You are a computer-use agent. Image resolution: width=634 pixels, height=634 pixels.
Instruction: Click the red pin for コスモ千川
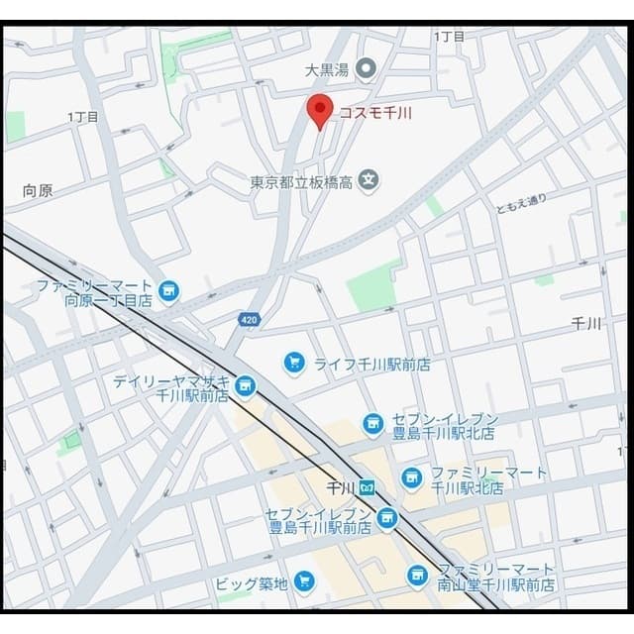tap(319, 111)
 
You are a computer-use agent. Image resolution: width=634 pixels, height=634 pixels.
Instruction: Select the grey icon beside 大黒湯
tap(366, 68)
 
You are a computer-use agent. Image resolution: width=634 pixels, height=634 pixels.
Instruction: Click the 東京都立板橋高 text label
tap(300, 182)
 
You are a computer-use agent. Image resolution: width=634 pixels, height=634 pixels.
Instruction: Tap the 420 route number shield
tap(250, 319)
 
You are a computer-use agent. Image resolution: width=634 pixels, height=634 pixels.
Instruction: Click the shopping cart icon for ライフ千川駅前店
tap(293, 363)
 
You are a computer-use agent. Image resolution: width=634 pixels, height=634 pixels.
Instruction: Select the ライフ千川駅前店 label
tap(371, 364)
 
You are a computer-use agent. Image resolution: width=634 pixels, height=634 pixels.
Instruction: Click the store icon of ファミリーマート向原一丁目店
tap(169, 290)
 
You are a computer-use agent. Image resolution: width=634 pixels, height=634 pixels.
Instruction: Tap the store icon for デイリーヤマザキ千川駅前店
tap(245, 385)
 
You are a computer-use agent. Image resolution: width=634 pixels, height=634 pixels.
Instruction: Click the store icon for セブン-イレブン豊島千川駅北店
tap(372, 424)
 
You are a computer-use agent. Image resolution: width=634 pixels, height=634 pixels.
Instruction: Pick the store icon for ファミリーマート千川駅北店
tap(412, 478)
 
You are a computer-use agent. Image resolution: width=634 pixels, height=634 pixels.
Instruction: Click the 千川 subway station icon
tap(367, 487)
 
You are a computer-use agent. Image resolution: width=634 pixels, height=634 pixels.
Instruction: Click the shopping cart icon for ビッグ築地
tap(304, 581)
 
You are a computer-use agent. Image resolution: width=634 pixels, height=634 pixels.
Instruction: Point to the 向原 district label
tap(38, 190)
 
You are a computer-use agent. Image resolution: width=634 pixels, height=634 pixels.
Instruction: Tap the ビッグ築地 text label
tap(252, 583)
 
